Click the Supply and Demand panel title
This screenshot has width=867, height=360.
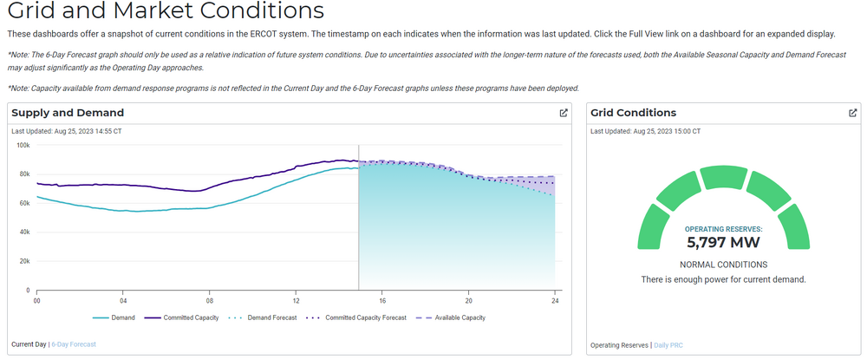pyautogui.click(x=68, y=113)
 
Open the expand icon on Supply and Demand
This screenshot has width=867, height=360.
pyautogui.click(x=564, y=113)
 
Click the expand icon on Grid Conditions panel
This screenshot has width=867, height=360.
pyautogui.click(x=853, y=113)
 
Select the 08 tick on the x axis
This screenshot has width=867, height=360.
pyautogui.click(x=209, y=300)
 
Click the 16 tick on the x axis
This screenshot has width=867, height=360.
pyautogui.click(x=381, y=300)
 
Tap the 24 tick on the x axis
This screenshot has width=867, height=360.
pyautogui.click(x=554, y=300)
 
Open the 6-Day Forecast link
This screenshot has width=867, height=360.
pyautogui.click(x=74, y=344)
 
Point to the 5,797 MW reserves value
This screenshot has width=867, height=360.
pyautogui.click(x=722, y=242)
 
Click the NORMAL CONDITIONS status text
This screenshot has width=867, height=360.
pyautogui.click(x=722, y=265)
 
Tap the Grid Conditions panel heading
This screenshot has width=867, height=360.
pyautogui.click(x=633, y=113)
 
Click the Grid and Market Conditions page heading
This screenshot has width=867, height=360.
pyautogui.click(x=165, y=12)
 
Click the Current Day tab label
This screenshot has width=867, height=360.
pyautogui.click(x=29, y=344)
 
